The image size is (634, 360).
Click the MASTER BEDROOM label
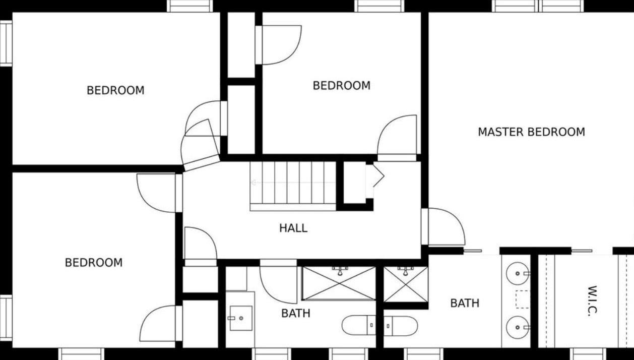(531, 132)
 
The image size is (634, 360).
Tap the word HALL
(293, 228)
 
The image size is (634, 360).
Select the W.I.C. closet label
(592, 301)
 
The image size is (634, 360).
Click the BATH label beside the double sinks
(465, 304)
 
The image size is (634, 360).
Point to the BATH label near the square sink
(296, 313)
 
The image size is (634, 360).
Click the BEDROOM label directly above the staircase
(342, 86)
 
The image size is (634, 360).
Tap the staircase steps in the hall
(293, 186)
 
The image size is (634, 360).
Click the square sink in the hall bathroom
(241, 318)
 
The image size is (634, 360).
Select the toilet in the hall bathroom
(359, 325)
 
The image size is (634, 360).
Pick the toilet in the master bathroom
(401, 326)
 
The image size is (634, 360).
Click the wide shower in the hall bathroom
(339, 283)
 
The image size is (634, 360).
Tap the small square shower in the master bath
(405, 284)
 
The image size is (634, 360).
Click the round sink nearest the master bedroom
(518, 273)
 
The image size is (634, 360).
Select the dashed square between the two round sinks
(523, 299)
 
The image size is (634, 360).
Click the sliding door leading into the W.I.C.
(582, 251)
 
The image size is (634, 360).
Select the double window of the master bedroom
(538, 6)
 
